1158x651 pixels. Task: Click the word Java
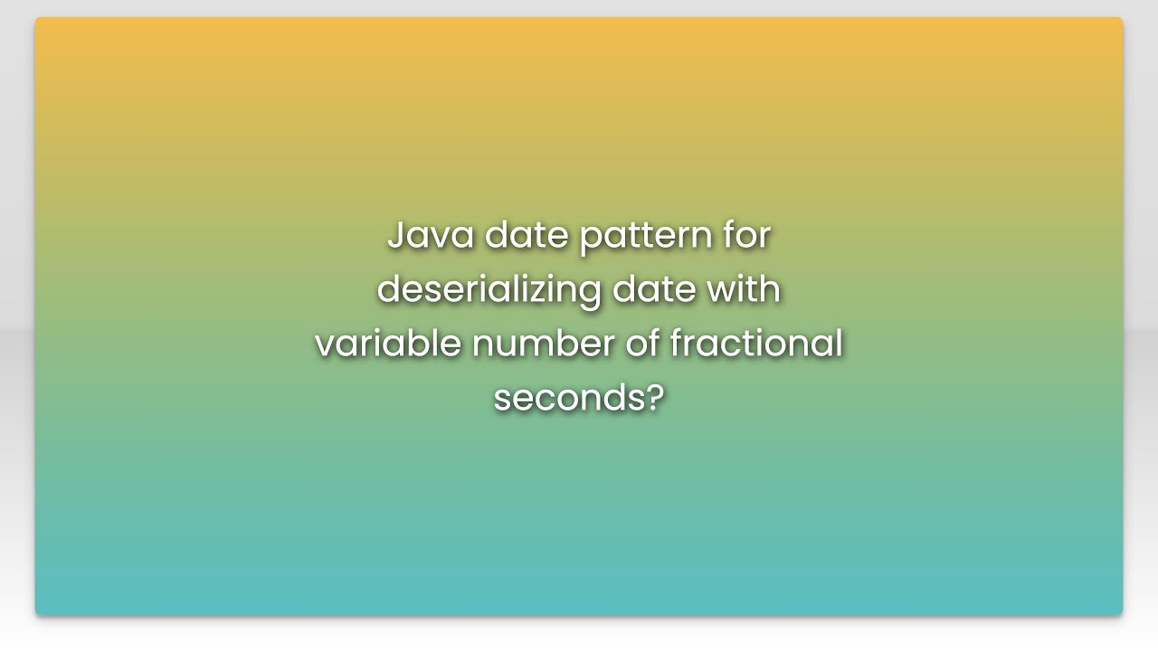pos(431,236)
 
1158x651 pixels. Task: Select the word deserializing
pos(489,290)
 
